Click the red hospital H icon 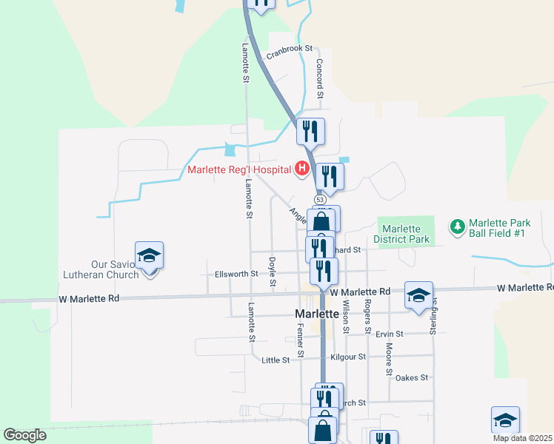click(x=302, y=169)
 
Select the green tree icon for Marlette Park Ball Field click(x=457, y=225)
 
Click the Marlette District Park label click(x=401, y=234)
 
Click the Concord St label click(x=321, y=78)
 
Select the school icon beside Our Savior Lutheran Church click(x=150, y=255)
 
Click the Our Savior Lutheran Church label click(x=115, y=269)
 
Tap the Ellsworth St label click(x=236, y=274)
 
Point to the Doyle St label click(x=273, y=272)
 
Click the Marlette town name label click(x=317, y=314)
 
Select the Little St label click(x=276, y=360)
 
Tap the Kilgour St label click(x=348, y=357)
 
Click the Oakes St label click(x=412, y=377)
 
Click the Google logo click(x=24, y=435)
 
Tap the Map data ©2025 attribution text click(x=522, y=438)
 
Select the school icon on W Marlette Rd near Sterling click(x=418, y=295)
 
